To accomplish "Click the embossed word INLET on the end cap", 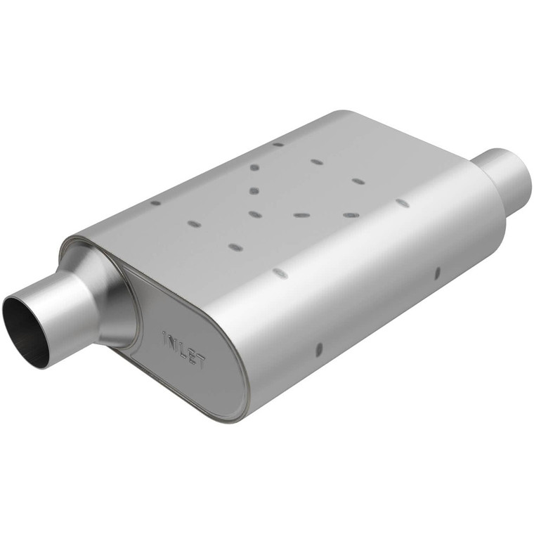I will point(184,349).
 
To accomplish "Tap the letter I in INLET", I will point(164,337).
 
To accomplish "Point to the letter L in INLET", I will point(182,349).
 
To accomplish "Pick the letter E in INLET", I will point(192,355).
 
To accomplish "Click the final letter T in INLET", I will point(201,361).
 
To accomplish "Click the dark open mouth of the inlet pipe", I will point(25,331).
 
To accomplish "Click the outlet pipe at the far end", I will point(506,176).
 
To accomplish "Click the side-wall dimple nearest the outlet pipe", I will point(437,273).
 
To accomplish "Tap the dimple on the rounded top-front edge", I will point(280,273).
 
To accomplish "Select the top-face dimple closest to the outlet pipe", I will point(402,202).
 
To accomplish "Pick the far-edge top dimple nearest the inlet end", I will point(156,203).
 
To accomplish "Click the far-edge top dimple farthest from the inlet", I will point(278,144).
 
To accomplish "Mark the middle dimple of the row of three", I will point(301,215).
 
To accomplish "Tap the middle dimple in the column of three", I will point(254,190).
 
